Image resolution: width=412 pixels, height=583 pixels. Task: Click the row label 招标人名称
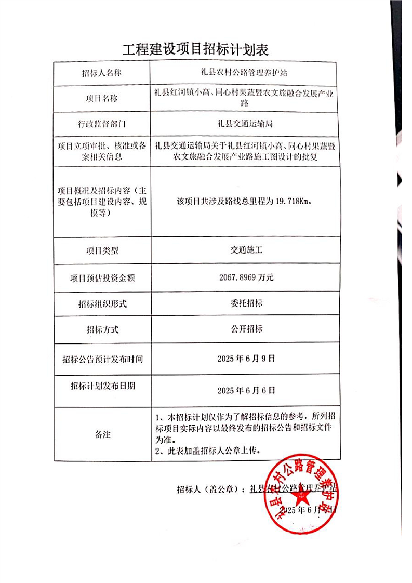coord(101,73)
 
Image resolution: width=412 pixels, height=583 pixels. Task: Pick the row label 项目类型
coord(101,250)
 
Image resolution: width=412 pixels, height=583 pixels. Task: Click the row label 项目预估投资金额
coord(102,278)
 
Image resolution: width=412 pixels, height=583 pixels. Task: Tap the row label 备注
coord(102,434)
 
